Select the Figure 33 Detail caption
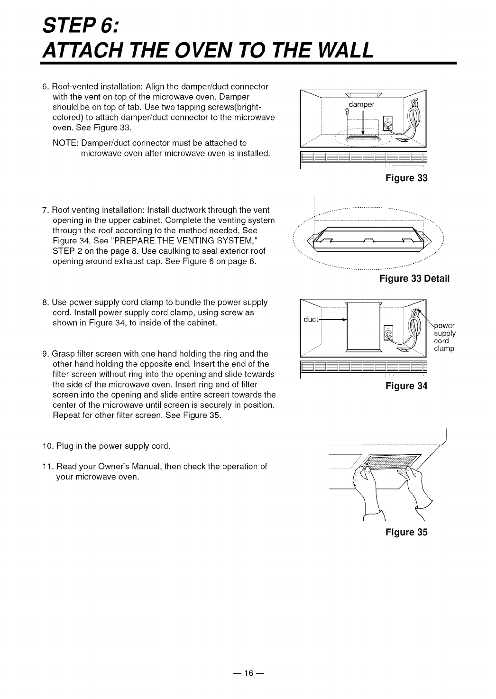pyautogui.click(x=414, y=278)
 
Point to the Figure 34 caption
pyautogui.click(x=406, y=386)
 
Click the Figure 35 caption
pyautogui.click(x=406, y=533)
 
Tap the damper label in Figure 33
pyautogui.click(x=361, y=104)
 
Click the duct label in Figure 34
pyautogui.click(x=311, y=319)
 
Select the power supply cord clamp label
pyautogui.click(x=444, y=337)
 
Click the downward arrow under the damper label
pyautogui.click(x=363, y=124)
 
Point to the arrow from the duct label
pyautogui.click(x=333, y=320)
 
